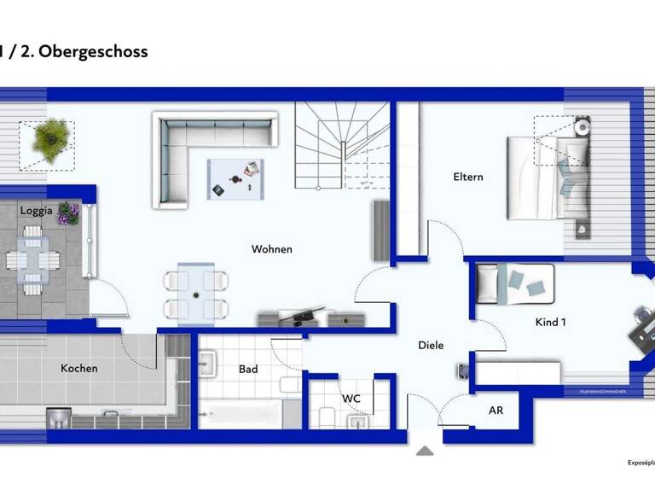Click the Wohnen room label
tap(271, 249)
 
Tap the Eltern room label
tap(468, 178)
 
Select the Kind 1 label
tap(550, 322)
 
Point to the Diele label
tap(431, 346)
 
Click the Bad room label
tap(248, 370)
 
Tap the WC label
tap(351, 399)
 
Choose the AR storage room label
tap(496, 411)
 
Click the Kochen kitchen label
tap(79, 369)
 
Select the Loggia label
tap(37, 210)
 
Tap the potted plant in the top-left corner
tap(47, 140)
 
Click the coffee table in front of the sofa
tap(235, 179)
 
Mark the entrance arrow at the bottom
tap(425, 451)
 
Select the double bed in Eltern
tap(546, 178)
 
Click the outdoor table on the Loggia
tap(32, 260)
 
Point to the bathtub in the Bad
tap(241, 415)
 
